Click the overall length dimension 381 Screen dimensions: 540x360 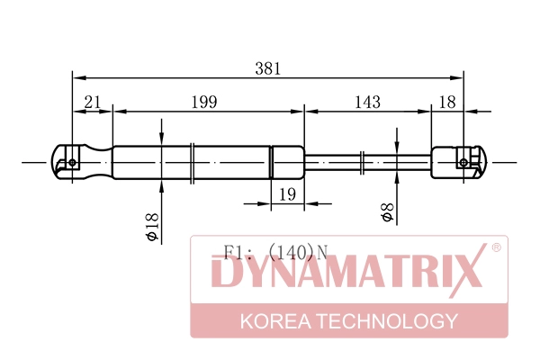coord(268,68)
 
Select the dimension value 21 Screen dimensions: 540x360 coord(93,102)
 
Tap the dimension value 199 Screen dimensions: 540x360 coord(204,102)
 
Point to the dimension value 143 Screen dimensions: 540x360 coord(368,102)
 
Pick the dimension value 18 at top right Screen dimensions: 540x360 coord(447,102)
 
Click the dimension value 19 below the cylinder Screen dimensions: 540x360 coord(287,194)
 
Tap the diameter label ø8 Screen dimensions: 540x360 coord(387,212)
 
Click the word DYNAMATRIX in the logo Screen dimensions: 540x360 coord(346,271)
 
